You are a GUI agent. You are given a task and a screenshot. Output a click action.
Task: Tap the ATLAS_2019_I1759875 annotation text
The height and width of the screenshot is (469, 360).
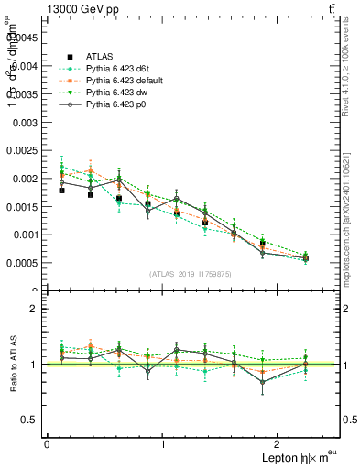point(191,273)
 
